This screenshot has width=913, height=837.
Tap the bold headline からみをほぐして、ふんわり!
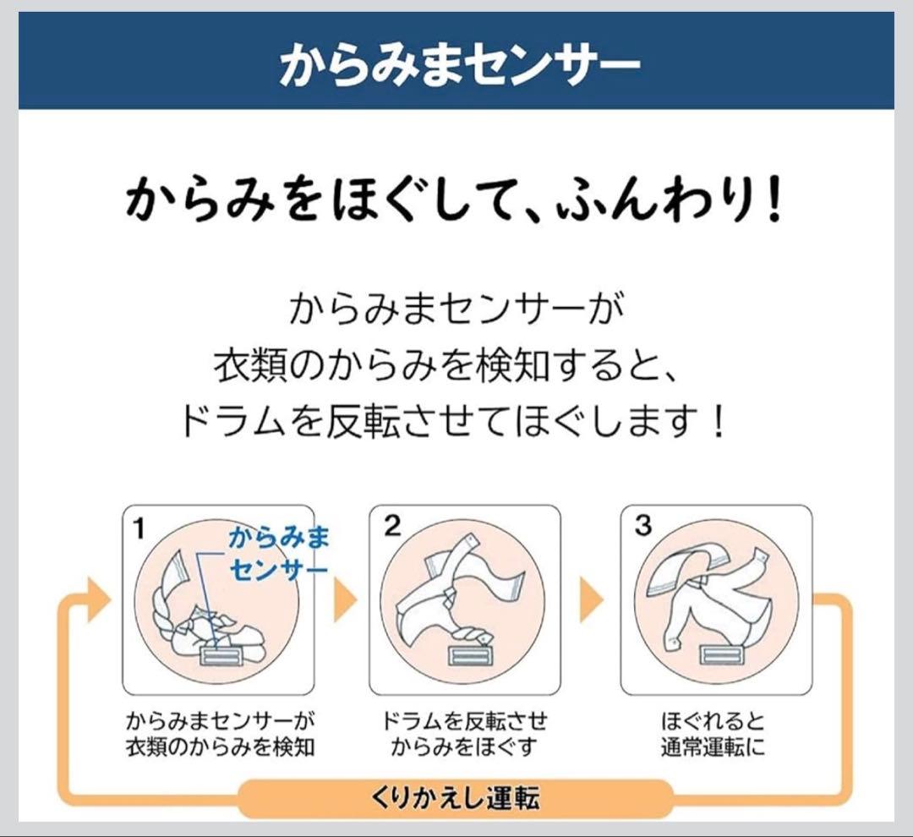click(454, 200)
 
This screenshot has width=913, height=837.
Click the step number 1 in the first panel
click(138, 528)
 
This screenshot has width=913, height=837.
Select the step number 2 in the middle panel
click(392, 526)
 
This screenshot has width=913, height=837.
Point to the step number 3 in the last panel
click(642, 525)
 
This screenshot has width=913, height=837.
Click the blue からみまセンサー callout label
click(279, 553)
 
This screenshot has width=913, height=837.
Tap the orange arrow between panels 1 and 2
click(345, 599)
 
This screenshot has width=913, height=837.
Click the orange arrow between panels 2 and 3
click(592, 599)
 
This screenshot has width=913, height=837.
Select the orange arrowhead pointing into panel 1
click(98, 600)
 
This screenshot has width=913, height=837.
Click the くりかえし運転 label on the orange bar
click(456, 797)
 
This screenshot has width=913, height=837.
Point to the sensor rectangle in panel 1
click(220, 655)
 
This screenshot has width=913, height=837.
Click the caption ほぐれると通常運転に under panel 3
click(713, 734)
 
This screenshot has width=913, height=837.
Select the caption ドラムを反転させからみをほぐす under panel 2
click(464, 734)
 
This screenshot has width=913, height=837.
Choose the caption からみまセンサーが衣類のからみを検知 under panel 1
click(220, 734)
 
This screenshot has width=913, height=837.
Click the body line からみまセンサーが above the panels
click(456, 309)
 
